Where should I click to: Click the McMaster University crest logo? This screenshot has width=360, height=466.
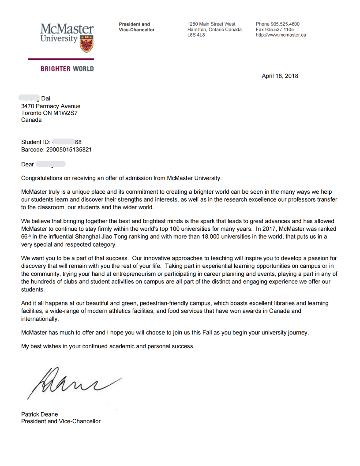(x=86, y=44)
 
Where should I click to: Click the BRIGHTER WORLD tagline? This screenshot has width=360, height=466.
(x=67, y=69)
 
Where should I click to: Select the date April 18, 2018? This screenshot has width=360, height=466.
(x=280, y=76)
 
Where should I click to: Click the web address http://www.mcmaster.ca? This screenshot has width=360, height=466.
(x=281, y=35)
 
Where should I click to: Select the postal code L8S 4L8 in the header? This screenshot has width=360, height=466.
(x=196, y=35)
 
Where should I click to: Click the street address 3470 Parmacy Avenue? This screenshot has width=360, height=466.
(x=51, y=106)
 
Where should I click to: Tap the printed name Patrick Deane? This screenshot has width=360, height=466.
(x=39, y=414)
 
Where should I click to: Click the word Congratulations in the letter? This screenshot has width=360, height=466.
(x=43, y=178)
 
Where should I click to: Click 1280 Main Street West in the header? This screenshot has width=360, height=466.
(x=211, y=24)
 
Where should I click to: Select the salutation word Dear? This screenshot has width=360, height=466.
(x=27, y=165)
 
